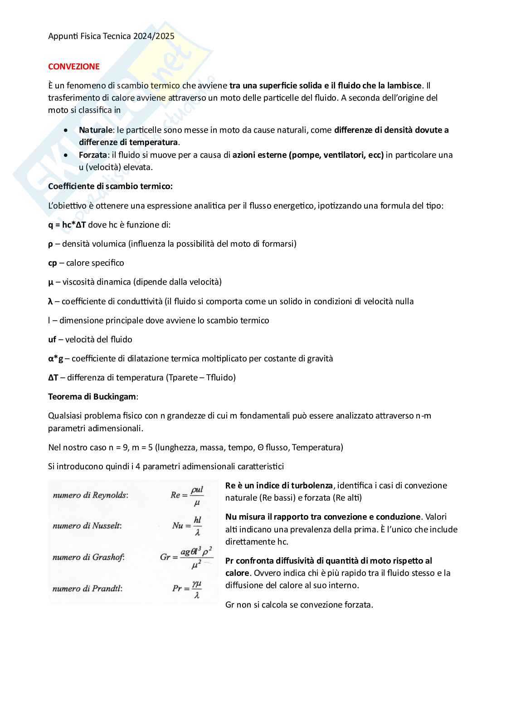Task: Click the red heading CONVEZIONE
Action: pyautogui.click(x=74, y=67)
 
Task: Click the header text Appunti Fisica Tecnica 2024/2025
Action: pyautogui.click(x=111, y=36)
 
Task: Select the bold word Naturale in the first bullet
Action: pyautogui.click(x=95, y=130)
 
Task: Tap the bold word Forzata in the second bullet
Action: pyautogui.click(x=93, y=155)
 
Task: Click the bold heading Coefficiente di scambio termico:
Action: pyautogui.click(x=110, y=186)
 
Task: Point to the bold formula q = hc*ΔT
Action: pyautogui.click(x=67, y=225)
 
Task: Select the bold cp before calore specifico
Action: pyautogui.click(x=53, y=263)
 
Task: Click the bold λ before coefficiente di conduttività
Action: pyautogui.click(x=50, y=302)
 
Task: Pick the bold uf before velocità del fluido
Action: pyautogui.click(x=52, y=340)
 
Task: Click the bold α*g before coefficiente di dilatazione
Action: pyautogui.click(x=56, y=359)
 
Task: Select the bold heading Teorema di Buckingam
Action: pyautogui.click(x=92, y=397)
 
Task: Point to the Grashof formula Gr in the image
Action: pyautogui.click(x=186, y=557)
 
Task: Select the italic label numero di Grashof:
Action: pyautogui.click(x=88, y=557)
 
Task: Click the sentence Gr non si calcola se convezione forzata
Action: pyautogui.click(x=299, y=605)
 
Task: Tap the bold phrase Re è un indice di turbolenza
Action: pyautogui.click(x=279, y=486)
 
